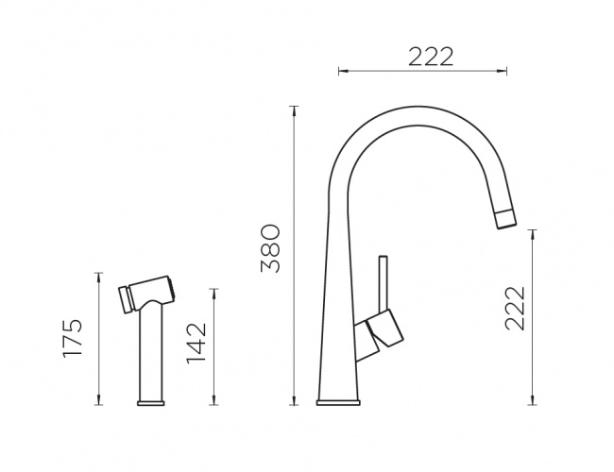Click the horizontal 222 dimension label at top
(431, 58)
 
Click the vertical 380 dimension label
(270, 248)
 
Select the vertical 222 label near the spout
(515, 309)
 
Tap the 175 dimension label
(73, 338)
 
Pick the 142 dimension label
(196, 343)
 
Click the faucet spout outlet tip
(506, 220)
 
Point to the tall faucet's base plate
(338, 402)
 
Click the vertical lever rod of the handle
(383, 284)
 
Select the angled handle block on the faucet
(384, 329)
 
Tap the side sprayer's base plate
(151, 403)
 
